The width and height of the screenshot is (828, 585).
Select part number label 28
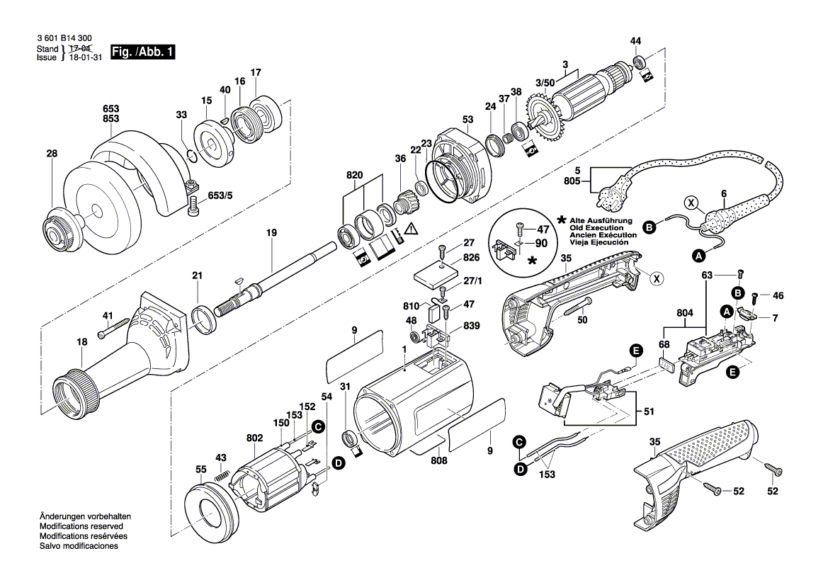50,153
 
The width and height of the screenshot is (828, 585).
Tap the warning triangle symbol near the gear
412,228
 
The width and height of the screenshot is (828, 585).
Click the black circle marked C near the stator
318,426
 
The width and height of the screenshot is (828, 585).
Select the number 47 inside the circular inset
543,229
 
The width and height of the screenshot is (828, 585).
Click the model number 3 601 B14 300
63,39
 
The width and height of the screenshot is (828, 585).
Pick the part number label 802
254,438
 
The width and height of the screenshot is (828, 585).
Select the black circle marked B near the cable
647,227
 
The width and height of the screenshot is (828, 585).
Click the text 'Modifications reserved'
81,527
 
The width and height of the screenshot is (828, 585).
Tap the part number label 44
635,40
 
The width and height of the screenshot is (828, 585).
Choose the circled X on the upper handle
657,278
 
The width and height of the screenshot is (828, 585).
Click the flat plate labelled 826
436,275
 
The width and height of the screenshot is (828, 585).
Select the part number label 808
438,460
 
